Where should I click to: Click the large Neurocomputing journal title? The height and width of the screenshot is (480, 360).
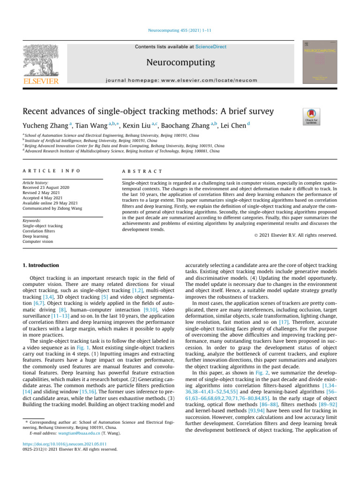pos(180,62)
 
